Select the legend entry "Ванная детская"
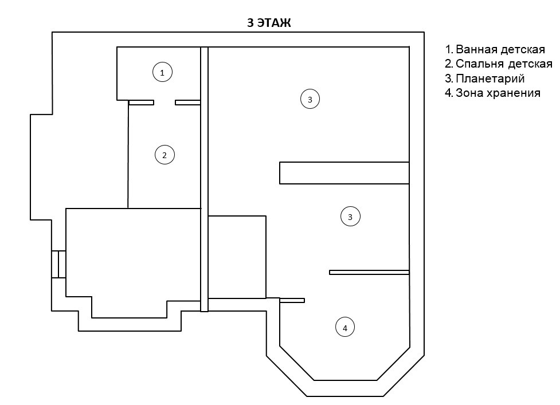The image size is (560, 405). [x=499, y=49]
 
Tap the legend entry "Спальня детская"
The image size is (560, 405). [x=499, y=64]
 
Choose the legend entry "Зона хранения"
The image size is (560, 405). [x=493, y=92]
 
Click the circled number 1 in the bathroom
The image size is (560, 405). [x=162, y=72]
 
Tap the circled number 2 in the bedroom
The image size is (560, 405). [x=165, y=155]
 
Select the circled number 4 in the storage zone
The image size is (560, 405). [x=344, y=328]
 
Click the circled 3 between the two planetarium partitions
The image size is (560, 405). [x=350, y=217]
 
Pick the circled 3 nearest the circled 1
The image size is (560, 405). [x=310, y=99]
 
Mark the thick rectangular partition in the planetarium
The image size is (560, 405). [x=344, y=173]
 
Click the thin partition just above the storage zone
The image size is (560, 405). [x=369, y=272]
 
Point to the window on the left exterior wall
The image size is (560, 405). [x=58, y=264]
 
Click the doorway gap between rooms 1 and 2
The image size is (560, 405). [x=165, y=103]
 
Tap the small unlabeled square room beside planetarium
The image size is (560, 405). [x=237, y=257]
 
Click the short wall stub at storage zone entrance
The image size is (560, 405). [x=292, y=300]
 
